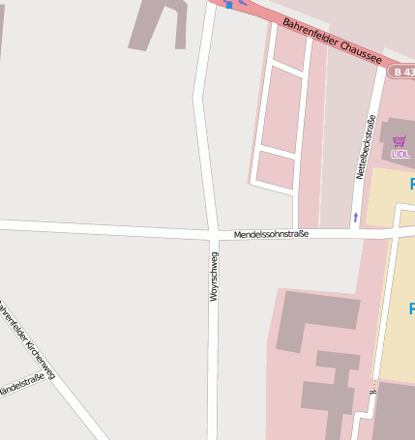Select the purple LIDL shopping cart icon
tap(400, 141)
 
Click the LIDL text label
tap(400, 154)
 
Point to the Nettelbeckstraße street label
tap(365, 147)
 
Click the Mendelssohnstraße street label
tap(271, 235)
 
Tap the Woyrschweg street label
tap(214, 279)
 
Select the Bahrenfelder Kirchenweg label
tap(26, 338)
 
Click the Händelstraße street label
tap(21, 385)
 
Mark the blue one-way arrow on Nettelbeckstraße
tap(355, 217)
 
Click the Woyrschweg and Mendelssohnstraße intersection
tap(211, 233)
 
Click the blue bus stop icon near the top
tap(229, 5)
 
